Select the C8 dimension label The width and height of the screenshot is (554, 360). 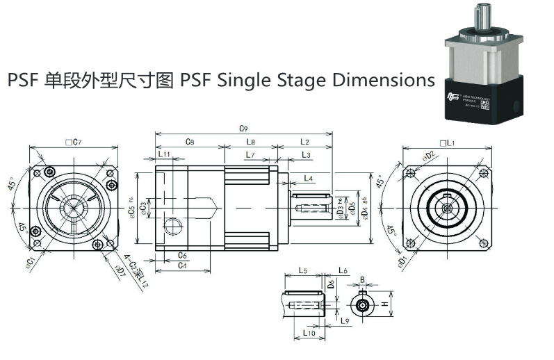[189, 142]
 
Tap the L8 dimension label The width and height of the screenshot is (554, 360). [250, 142]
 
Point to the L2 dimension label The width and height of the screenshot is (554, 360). [304, 142]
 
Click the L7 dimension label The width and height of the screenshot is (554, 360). [250, 154]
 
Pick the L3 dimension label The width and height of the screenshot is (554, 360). [306, 154]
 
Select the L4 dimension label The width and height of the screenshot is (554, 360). [309, 179]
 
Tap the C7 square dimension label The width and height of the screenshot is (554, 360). [73, 142]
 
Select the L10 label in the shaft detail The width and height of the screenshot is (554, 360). [309, 334]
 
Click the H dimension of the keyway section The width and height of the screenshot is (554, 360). [384, 304]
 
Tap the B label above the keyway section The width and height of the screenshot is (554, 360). [362, 280]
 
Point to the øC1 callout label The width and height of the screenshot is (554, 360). [31, 262]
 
